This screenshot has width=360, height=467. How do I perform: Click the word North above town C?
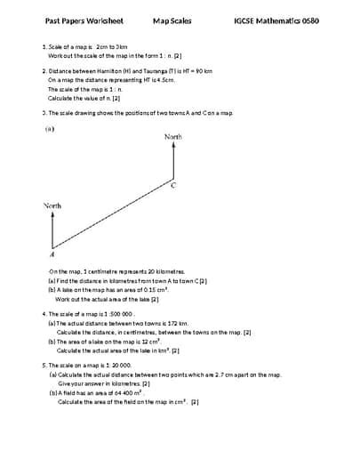tap(173, 137)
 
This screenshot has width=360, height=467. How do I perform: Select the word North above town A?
tap(52, 205)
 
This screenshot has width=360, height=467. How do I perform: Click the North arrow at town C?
tap(173, 160)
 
